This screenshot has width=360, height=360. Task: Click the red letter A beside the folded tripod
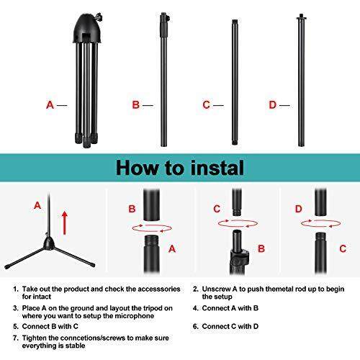pyautogui.click(x=50, y=105)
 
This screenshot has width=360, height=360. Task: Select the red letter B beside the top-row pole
pyautogui.click(x=136, y=105)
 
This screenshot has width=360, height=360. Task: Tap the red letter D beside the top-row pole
pyautogui.click(x=273, y=105)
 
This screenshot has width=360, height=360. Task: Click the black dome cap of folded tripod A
pyautogui.click(x=87, y=29)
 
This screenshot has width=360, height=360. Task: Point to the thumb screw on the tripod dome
pyautogui.click(x=99, y=17)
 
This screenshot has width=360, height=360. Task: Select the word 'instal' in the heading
pyautogui.click(x=217, y=168)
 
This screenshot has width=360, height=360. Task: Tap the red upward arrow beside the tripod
pyautogui.click(x=65, y=222)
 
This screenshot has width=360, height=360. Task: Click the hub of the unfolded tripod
pyautogui.click(x=49, y=243)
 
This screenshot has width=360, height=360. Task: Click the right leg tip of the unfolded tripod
pyautogui.click(x=93, y=265)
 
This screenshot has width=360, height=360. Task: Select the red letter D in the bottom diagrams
pyautogui.click(x=298, y=209)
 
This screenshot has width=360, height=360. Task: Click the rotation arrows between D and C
pyautogui.click(x=321, y=223)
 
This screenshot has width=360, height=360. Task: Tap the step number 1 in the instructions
pyautogui.click(x=16, y=289)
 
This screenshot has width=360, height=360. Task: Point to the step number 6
pyautogui.click(x=196, y=326)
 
